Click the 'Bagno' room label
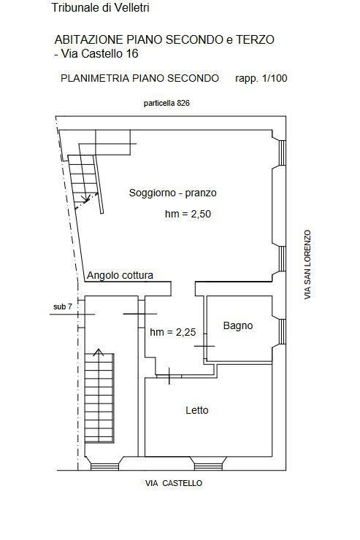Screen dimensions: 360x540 coord(238,325)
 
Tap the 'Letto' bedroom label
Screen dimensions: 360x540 coord(197,410)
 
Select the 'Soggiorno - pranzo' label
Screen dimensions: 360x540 coord(172,193)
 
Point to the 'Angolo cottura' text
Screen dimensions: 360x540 coord(120,275)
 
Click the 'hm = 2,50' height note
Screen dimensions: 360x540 coord(188,214)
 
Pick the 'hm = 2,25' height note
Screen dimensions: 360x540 coord(172,332)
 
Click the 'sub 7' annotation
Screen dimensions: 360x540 coord(63,306)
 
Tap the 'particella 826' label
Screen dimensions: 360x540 coord(166,103)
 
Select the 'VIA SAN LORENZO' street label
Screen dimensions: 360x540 coord(307,264)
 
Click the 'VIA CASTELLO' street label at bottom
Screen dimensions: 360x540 coord(174,483)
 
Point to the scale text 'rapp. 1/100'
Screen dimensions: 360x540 coord(261,79)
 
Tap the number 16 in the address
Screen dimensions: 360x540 coord(132,54)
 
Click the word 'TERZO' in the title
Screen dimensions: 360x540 coord(255,39)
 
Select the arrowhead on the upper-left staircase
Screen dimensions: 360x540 coord(85,198)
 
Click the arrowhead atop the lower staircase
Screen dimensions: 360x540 coord(99,352)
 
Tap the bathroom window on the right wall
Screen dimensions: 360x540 coord(282,331)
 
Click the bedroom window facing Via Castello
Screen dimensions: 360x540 coord(208,466)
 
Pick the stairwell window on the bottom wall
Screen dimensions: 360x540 coord(104,466)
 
